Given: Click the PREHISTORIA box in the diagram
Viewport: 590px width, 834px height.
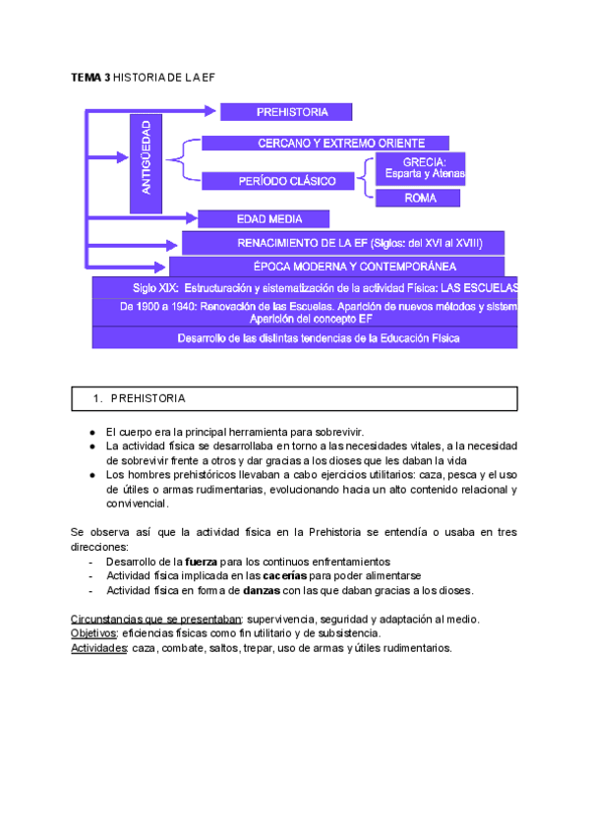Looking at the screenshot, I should tap(285, 111).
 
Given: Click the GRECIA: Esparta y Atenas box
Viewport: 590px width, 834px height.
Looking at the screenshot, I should tap(420, 168).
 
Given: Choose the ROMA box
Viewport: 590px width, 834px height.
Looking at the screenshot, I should tap(418, 198).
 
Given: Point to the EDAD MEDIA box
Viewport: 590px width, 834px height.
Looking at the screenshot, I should tap(264, 218).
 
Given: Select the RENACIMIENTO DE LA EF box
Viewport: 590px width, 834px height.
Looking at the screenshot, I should tap(344, 242).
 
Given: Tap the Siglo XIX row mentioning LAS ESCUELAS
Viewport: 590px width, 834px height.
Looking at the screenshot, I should tap(305, 287).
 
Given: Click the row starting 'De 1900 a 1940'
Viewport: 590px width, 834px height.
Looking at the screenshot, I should tap(305, 312).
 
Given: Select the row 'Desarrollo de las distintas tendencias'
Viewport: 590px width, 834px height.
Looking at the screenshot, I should tap(305, 337).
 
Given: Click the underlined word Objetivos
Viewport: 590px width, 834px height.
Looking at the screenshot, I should tap(93, 633).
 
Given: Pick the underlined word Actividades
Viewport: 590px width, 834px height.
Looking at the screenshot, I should tap(98, 648).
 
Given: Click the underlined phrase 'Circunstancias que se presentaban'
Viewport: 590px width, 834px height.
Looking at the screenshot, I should tap(155, 619).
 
